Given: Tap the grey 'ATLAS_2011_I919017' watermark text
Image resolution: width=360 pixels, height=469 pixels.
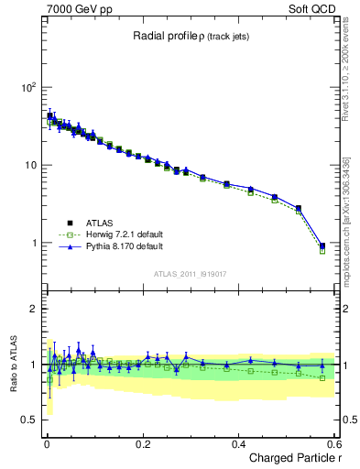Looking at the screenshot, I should [189, 274].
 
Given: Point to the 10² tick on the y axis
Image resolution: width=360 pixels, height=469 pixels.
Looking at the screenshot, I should [27, 88].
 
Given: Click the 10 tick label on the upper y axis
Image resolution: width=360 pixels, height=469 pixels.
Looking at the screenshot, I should [30, 166].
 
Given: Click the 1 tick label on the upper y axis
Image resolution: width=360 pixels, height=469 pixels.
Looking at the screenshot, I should [33, 244].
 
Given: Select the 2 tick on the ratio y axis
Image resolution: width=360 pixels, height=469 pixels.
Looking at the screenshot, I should [33, 310].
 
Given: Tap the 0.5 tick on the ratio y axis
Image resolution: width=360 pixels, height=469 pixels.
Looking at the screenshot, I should [28, 420].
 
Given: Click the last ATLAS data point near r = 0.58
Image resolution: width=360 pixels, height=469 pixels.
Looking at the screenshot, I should [322, 245].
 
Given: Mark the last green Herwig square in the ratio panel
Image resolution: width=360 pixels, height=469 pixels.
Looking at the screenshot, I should [322, 377].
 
